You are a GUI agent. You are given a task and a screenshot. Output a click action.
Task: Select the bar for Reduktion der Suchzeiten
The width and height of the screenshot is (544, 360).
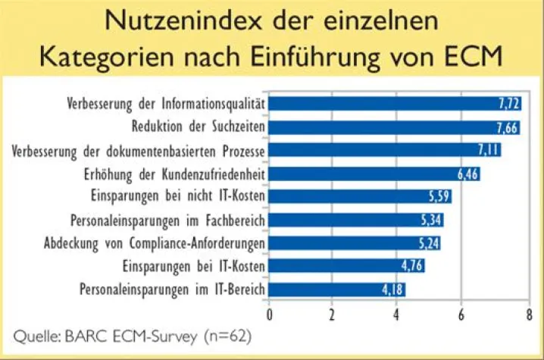[x=393, y=127]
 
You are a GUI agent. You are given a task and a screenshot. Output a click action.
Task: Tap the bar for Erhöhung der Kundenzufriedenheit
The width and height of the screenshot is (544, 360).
[x=374, y=174]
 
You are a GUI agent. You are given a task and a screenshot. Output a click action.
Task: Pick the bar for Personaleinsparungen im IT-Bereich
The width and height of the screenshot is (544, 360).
[x=337, y=290]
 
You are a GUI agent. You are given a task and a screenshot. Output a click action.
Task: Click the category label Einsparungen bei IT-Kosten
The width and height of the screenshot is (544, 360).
[x=192, y=266]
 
